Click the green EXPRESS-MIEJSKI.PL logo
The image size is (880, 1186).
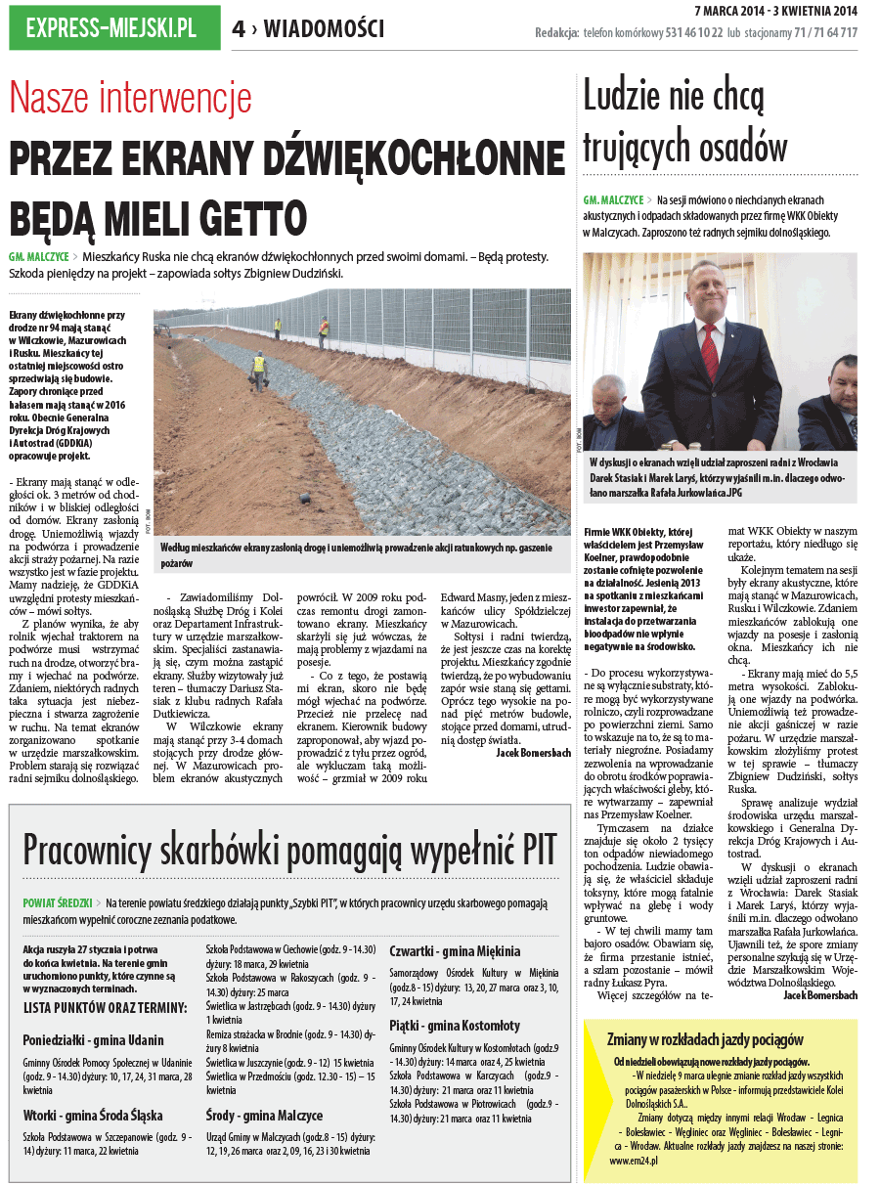click(x=111, y=28)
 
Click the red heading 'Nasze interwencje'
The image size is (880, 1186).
click(x=130, y=99)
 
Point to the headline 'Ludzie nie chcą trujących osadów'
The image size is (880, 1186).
click(x=685, y=122)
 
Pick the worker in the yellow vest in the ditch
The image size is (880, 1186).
click(x=259, y=364)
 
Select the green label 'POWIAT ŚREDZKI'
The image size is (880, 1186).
click(x=57, y=902)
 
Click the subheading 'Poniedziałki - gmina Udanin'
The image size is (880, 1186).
click(x=93, y=1039)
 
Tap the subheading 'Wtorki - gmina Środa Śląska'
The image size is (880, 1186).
click(x=93, y=1115)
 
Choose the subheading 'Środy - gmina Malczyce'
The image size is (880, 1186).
click(x=264, y=1115)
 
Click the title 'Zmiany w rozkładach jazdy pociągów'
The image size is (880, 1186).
click(x=705, y=1039)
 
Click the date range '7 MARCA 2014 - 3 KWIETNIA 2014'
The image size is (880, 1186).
click(x=775, y=11)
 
